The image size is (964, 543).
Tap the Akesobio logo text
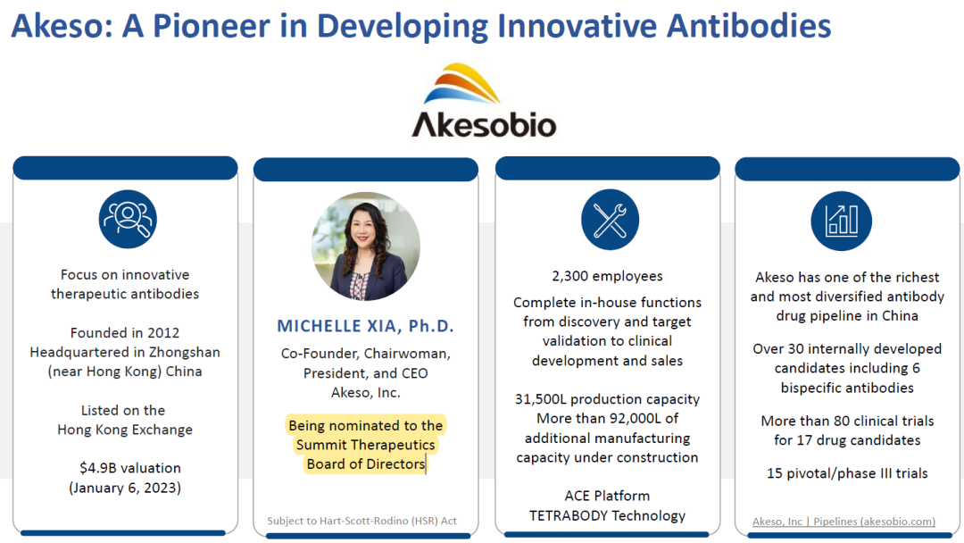point(484,124)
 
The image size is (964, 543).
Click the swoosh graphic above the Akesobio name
point(461,84)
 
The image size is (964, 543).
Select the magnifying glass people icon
point(128,219)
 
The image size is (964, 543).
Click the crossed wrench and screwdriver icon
point(610,220)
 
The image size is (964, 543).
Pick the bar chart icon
point(841,221)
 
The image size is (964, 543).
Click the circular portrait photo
point(366,246)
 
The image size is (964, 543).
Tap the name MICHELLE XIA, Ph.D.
point(365,326)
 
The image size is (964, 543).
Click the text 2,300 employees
point(608,276)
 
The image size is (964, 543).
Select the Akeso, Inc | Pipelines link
point(843,522)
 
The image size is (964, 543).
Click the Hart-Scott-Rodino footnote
point(362,521)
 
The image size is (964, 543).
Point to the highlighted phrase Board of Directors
point(366,464)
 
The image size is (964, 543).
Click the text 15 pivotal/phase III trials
point(847,473)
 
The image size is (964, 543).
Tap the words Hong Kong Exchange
point(125,430)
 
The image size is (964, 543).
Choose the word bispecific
point(812,388)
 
